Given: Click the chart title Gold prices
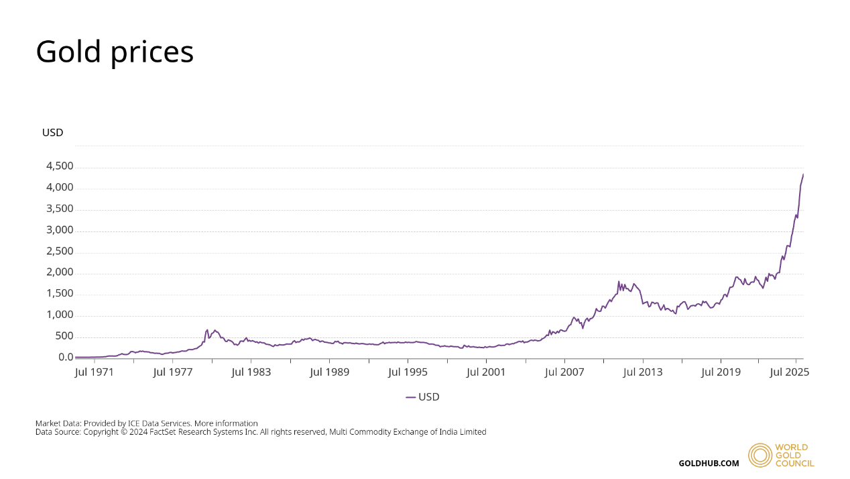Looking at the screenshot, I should pyautogui.click(x=115, y=52).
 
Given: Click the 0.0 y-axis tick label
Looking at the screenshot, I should pyautogui.click(x=66, y=358).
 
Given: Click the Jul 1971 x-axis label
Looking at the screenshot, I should pyautogui.click(x=93, y=372).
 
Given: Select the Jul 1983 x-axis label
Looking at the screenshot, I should pyautogui.click(x=251, y=372).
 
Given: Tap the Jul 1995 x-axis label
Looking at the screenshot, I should pyautogui.click(x=407, y=372).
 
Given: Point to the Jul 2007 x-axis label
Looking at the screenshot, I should pyautogui.click(x=564, y=372).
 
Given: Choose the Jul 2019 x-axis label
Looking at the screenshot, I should pyautogui.click(x=721, y=372).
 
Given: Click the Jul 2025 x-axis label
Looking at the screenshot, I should pyautogui.click(x=789, y=372).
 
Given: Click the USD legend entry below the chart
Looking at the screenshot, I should pyautogui.click(x=423, y=397).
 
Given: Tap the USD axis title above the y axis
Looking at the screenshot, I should pyautogui.click(x=52, y=133).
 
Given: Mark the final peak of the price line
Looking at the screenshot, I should pyautogui.click(x=803, y=174).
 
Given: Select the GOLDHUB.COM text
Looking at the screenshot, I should pyautogui.click(x=709, y=463).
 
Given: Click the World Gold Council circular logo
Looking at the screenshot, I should pyautogui.click(x=760, y=455).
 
